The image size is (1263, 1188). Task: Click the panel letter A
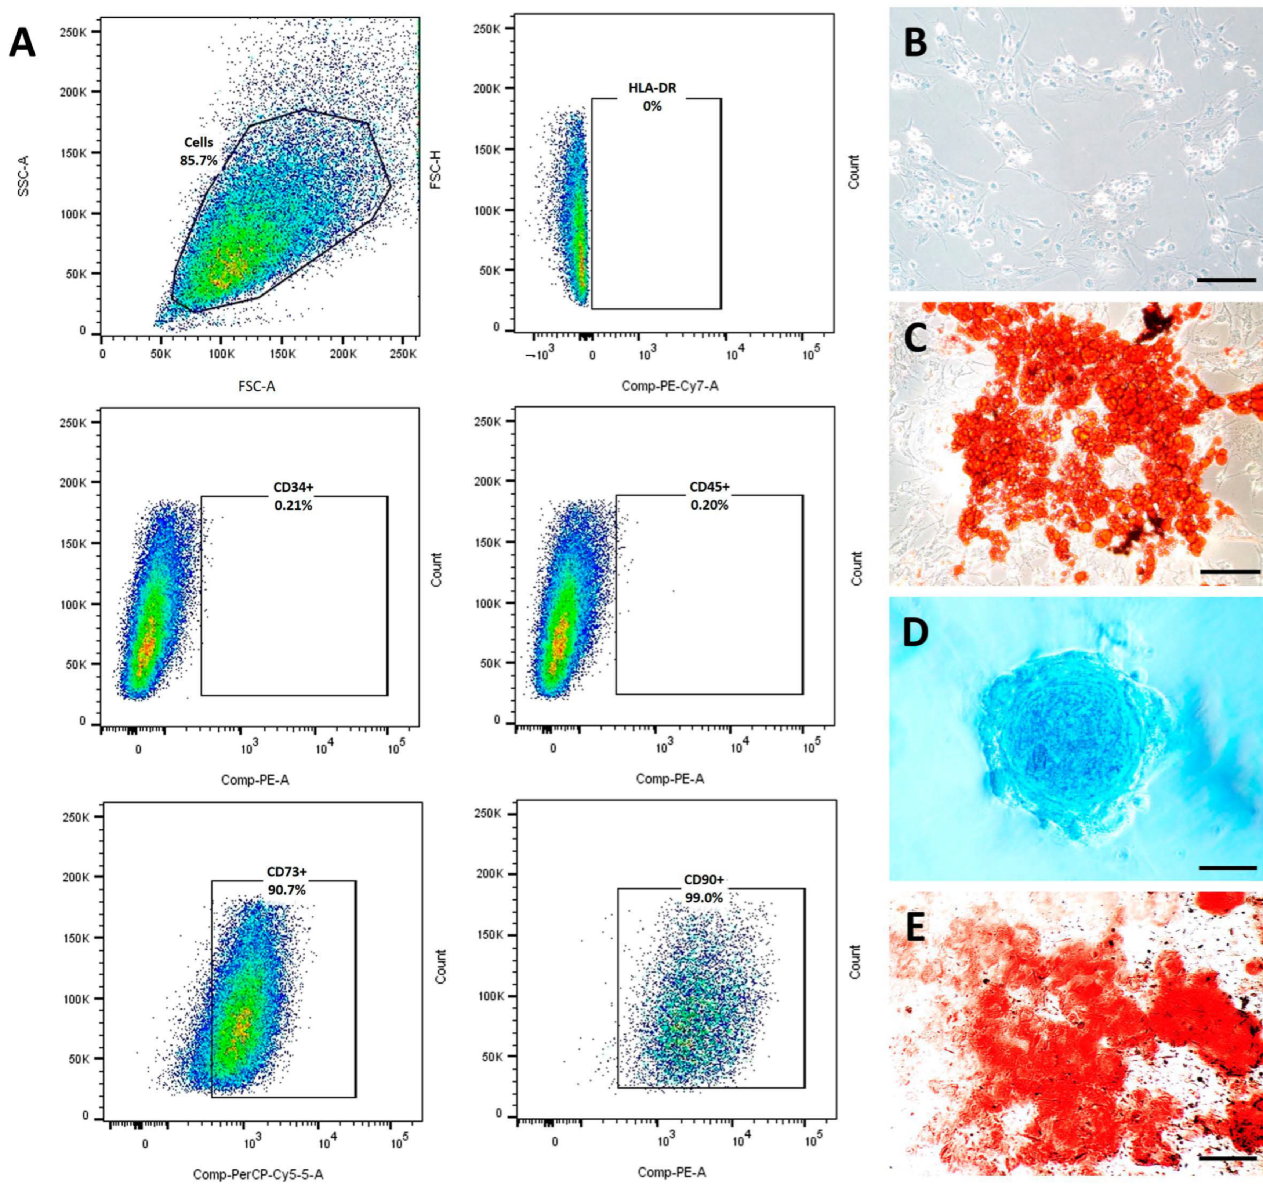coord(22,44)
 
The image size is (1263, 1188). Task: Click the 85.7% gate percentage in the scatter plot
coord(198,161)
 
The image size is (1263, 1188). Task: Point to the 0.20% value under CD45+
coord(709,505)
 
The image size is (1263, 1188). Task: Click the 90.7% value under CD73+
coord(287,890)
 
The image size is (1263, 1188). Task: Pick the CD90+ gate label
coord(703,880)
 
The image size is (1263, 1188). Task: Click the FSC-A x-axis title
coord(257,385)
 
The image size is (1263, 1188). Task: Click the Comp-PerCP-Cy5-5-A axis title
coord(258,1175)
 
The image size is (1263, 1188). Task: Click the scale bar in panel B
coord(1226,279)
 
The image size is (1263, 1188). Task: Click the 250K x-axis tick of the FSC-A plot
coord(403,353)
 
